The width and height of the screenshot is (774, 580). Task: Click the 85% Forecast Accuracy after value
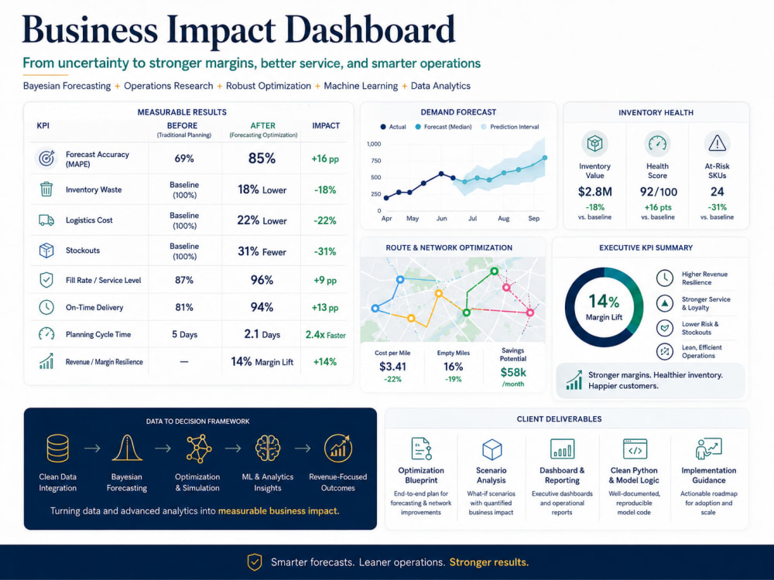tap(262, 159)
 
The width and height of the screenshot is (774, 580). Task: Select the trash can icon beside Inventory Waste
tap(46, 189)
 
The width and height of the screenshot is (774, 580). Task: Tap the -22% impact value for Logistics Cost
tap(325, 220)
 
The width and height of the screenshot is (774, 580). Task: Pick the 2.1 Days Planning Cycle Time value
tap(262, 334)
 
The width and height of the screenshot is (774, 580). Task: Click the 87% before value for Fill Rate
tap(184, 280)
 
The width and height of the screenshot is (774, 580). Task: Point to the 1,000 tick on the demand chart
tap(374, 144)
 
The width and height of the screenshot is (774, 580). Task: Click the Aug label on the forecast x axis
tap(504, 219)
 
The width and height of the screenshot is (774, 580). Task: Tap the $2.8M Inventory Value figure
tap(594, 191)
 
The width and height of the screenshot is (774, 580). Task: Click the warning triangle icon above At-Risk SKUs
tap(717, 144)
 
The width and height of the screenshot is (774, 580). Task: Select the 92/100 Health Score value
tap(658, 192)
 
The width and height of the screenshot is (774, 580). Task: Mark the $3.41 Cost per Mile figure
tap(392, 367)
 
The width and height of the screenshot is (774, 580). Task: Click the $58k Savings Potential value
tap(513, 372)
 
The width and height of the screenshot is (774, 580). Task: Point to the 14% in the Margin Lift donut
tap(604, 301)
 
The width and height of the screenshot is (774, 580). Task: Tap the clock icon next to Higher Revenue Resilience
tap(665, 278)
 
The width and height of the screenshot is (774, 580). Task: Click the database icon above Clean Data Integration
tap(58, 448)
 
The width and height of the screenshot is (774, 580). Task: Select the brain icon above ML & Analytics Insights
tap(268, 448)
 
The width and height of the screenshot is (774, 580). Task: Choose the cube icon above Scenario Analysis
tap(491, 449)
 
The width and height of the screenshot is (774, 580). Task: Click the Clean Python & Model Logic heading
tap(634, 476)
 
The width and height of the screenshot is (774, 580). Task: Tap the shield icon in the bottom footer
tap(255, 561)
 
